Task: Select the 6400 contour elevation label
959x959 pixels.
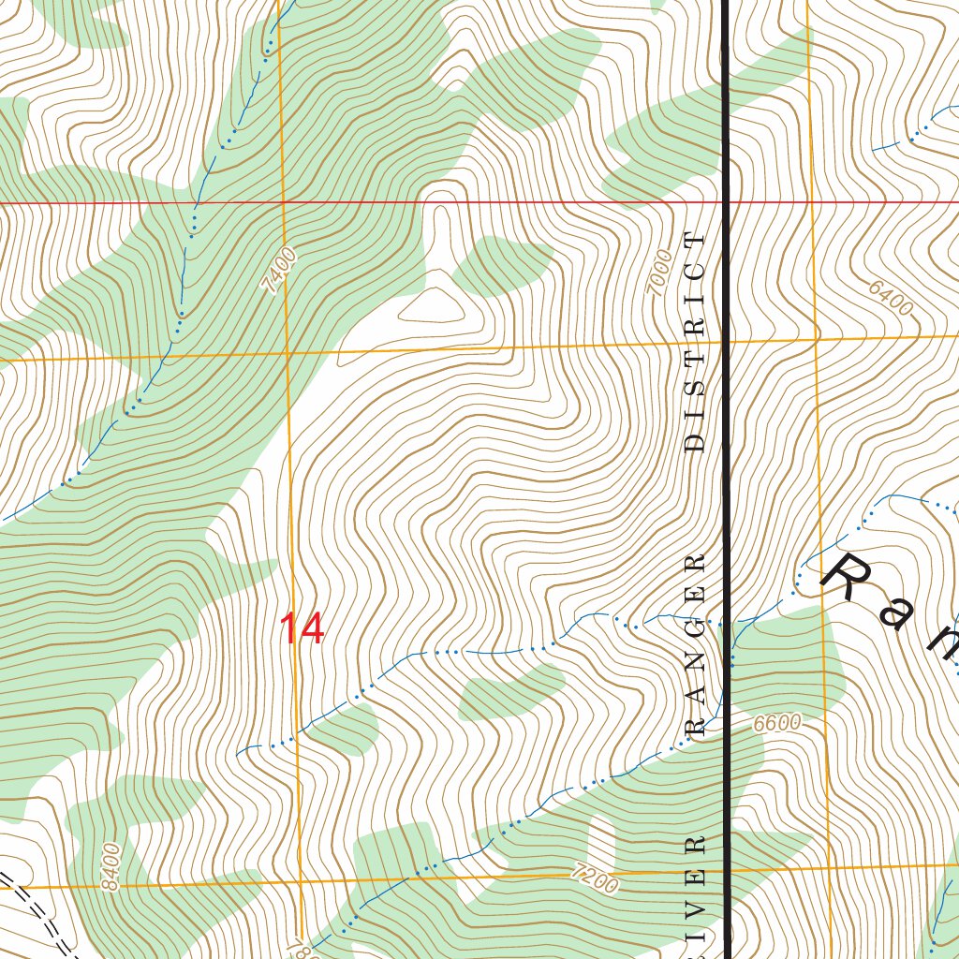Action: click(889, 298)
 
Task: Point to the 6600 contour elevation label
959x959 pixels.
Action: click(777, 723)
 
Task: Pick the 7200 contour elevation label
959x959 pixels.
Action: click(593, 880)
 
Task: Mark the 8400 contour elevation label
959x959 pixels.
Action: click(111, 867)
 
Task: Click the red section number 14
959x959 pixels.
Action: click(302, 629)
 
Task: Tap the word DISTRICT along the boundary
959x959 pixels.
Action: click(694, 342)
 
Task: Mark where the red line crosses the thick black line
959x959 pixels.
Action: click(726, 201)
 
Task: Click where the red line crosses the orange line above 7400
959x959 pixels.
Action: click(282, 201)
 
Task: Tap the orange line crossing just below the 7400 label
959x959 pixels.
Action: click(288, 352)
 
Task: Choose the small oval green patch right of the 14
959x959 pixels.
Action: click(506, 694)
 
